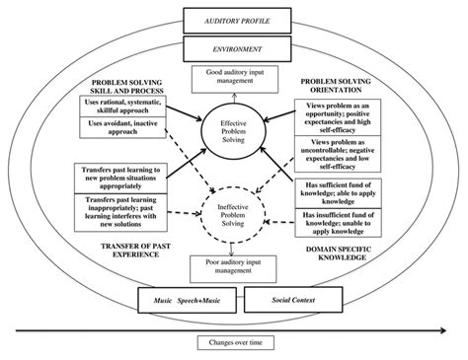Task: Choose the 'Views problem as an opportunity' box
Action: pyautogui.click(x=343, y=115)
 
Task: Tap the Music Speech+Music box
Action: pyautogui.click(x=186, y=298)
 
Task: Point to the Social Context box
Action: pyautogui.click(x=292, y=298)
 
